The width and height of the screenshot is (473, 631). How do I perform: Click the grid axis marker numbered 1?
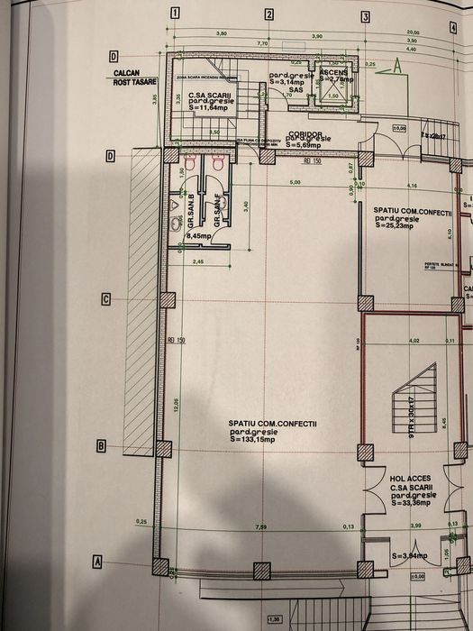175,13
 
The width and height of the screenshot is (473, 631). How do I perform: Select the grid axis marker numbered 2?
268,14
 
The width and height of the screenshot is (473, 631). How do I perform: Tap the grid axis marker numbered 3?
365,16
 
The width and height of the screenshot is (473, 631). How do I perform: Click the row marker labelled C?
106,299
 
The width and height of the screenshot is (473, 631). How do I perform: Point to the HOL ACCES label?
410,479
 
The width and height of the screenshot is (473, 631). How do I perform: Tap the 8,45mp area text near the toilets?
198,236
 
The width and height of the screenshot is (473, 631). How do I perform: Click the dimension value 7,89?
261,526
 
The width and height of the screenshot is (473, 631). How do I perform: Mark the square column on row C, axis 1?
166,300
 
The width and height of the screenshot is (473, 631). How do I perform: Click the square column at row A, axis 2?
261,569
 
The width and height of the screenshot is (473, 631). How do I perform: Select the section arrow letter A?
396,67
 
